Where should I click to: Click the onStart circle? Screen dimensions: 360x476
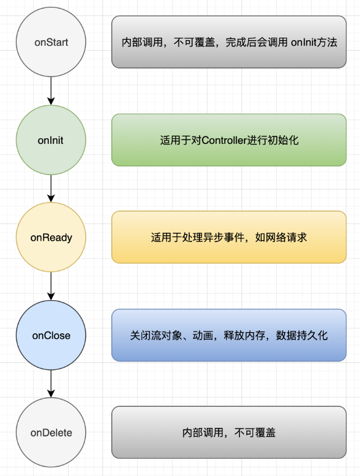coord(51,42)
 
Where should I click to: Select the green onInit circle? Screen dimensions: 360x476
coord(51,140)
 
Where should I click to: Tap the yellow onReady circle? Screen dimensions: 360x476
coord(51,237)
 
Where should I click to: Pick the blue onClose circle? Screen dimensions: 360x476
coord(51,335)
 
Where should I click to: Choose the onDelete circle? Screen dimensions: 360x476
coord(51,432)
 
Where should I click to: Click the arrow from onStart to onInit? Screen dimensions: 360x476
coord(51,91)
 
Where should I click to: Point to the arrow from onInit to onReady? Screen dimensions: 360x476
coord(51,188)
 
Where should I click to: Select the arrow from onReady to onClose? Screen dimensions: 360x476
coord(51,286)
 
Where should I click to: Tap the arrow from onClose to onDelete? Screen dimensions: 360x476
coord(51,384)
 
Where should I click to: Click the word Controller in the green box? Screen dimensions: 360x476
coord(224,140)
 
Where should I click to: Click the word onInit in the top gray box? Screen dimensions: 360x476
coord(304,42)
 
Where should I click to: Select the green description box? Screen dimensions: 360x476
coord(229,140)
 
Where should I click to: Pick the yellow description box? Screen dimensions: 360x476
coord(229,237)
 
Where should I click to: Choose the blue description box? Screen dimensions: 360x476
coord(229,335)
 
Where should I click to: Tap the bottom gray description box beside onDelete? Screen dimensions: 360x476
coord(229,432)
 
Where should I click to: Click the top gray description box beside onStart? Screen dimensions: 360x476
coord(229,42)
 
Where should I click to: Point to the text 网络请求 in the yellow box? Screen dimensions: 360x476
coord(287,238)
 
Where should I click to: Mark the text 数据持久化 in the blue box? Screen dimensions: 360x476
coord(302,335)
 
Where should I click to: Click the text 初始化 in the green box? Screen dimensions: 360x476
coord(283,140)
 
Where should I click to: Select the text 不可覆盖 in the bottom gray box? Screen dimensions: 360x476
coord(255,433)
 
